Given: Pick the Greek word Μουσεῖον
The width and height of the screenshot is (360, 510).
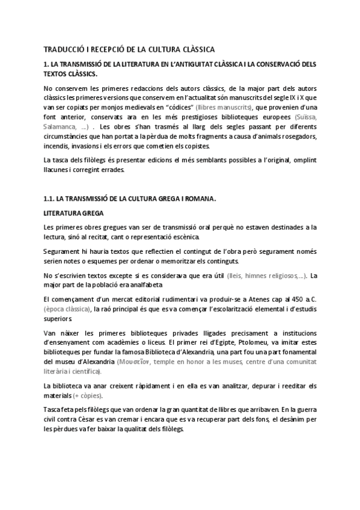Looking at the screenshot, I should coord(155,363).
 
